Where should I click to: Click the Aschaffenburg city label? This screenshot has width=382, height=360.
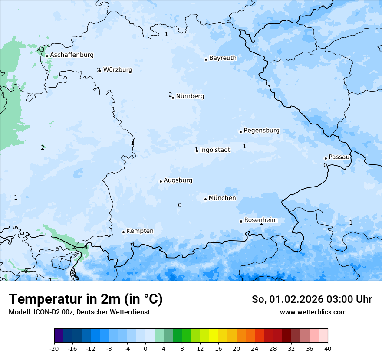(72, 55)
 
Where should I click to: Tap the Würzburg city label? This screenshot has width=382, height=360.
(117, 70)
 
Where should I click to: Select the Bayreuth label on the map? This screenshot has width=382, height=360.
(223, 58)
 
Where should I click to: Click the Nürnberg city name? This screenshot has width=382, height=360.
(190, 96)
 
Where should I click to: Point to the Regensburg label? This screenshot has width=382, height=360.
(261, 131)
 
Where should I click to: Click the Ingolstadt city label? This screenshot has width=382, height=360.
(215, 150)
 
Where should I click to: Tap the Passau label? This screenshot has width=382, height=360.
(339, 157)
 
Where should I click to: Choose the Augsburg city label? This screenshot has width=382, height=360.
(178, 180)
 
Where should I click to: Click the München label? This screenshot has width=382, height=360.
(222, 198)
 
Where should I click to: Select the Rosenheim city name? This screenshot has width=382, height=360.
(260, 220)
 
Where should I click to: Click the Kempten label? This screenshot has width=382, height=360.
(140, 231)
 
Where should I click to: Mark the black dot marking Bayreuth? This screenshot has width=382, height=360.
(206, 59)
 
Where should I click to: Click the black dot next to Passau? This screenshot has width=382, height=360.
(326, 158)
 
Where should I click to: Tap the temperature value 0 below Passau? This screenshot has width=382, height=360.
(325, 165)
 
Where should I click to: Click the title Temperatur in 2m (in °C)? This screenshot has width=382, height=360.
(86, 299)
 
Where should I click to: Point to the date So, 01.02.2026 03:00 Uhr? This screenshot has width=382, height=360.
(312, 300)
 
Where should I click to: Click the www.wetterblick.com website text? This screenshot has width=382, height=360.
(313, 312)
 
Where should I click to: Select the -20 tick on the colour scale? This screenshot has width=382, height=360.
(54, 349)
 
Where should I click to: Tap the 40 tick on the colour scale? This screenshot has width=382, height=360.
(328, 349)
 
